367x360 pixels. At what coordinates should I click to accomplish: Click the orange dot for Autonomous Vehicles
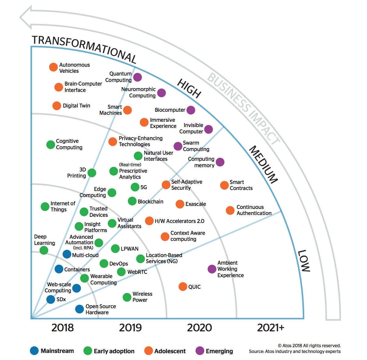53,67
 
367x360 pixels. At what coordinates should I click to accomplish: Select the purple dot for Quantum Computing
137,77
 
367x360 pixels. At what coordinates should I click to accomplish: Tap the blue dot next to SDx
51,299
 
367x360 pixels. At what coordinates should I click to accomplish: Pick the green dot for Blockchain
132,201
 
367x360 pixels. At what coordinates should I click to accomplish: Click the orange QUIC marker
183,287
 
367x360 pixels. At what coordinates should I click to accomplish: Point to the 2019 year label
130,328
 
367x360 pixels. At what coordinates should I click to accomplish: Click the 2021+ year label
271,328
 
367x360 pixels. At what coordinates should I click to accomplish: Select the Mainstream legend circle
34,351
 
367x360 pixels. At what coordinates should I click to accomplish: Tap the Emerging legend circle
200,351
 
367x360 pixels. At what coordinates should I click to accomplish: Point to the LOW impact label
304,260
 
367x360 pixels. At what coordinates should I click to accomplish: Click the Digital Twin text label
77,106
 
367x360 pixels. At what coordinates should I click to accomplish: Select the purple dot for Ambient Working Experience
212,269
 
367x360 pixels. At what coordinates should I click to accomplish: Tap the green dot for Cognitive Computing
51,145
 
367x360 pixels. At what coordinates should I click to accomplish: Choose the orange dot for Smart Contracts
224,185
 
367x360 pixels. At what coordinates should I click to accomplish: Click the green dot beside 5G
135,187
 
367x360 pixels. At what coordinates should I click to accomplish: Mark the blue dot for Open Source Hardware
80,309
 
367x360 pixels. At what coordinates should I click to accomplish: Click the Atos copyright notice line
309,345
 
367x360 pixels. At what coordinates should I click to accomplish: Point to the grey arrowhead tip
20,17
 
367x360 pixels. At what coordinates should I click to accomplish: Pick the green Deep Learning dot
44,250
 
